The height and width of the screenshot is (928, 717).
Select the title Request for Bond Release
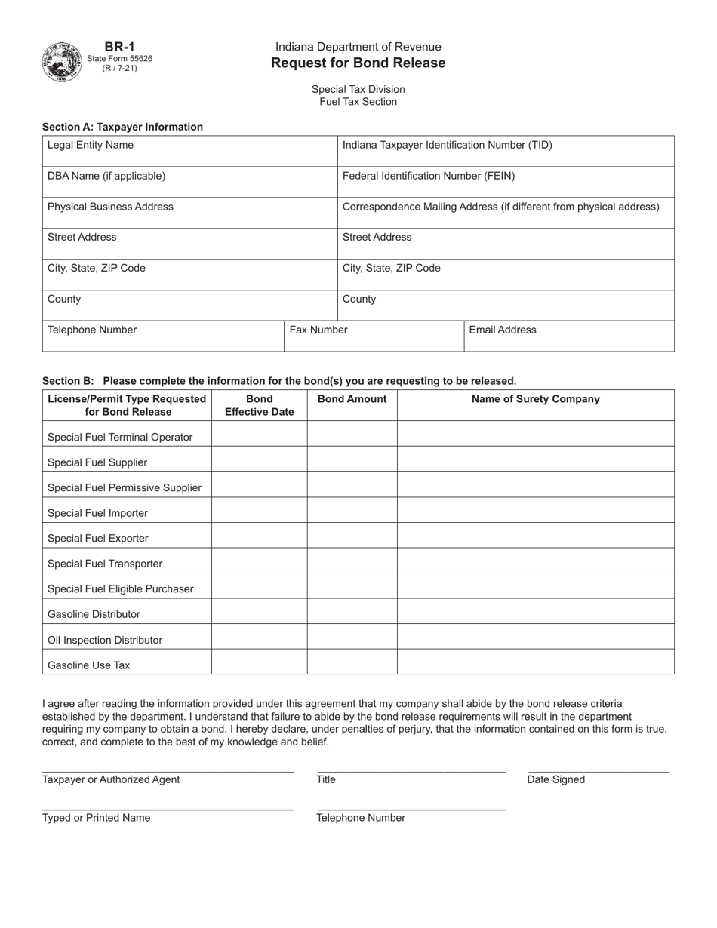[x=358, y=63]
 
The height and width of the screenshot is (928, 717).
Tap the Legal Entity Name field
[x=189, y=151]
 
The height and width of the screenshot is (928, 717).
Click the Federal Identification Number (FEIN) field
[x=505, y=182]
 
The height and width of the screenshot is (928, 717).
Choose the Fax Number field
[x=374, y=336]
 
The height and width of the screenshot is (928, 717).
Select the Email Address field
[x=568, y=336]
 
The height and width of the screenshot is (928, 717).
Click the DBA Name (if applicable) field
[x=189, y=182]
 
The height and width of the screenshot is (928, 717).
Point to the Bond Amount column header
[x=352, y=399]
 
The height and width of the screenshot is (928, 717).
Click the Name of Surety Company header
[x=535, y=399]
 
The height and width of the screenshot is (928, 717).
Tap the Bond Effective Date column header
[x=259, y=405]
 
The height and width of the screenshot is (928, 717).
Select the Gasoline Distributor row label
[x=94, y=614]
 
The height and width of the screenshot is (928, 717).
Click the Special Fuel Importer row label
[x=98, y=513]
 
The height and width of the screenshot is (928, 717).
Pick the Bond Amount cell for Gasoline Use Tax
[x=352, y=662]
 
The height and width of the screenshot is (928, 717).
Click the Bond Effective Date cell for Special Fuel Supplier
[x=259, y=459]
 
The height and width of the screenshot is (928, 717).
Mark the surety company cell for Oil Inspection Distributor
[x=535, y=636]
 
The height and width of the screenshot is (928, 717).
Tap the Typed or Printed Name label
[x=97, y=818]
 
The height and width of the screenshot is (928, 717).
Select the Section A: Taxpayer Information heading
[x=122, y=127]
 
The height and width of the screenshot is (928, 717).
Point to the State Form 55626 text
[x=120, y=58]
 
